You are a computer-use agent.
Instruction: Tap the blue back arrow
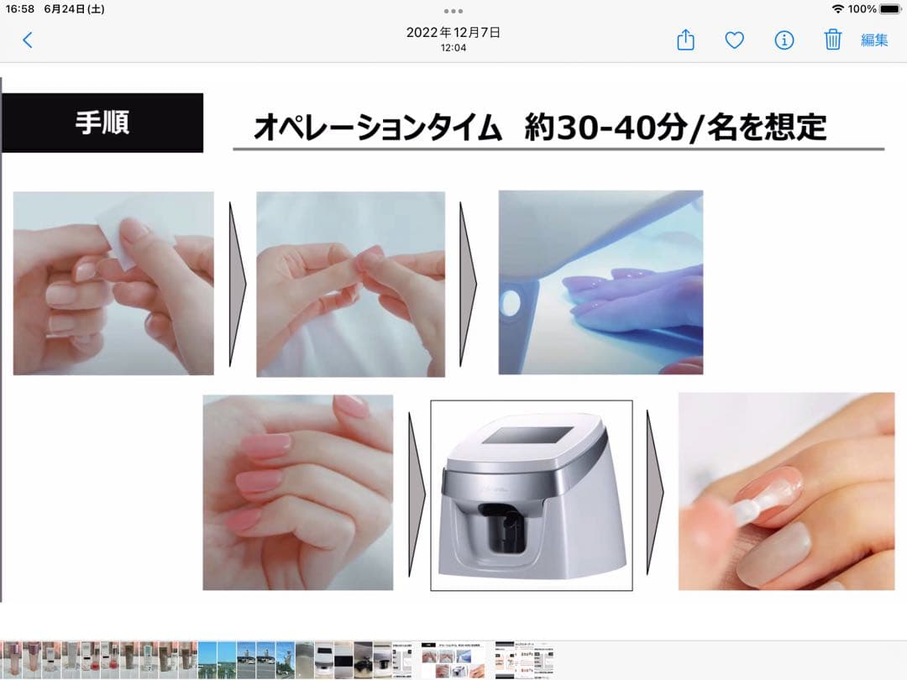[27, 40]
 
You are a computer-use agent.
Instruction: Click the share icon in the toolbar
[685, 40]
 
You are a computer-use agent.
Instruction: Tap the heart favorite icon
[735, 40]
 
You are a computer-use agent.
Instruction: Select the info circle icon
[784, 40]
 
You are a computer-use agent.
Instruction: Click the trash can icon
[832, 39]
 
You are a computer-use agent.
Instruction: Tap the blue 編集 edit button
[874, 40]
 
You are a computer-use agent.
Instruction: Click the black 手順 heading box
[102, 123]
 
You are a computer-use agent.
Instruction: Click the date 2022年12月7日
[453, 33]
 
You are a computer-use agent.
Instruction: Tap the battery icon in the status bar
[891, 8]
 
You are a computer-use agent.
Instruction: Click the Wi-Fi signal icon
[837, 8]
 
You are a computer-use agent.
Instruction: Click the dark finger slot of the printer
[500, 527]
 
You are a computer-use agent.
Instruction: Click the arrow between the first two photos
[237, 284]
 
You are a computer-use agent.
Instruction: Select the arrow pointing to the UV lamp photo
[468, 284]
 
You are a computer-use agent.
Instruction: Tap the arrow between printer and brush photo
[655, 493]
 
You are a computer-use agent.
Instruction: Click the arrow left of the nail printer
[417, 494]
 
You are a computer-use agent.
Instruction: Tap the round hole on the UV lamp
[511, 302]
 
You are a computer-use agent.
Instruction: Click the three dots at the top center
[453, 11]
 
